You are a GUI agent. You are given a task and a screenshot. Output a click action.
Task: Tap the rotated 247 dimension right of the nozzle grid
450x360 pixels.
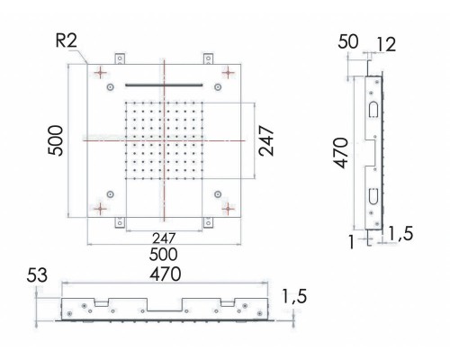(267, 142)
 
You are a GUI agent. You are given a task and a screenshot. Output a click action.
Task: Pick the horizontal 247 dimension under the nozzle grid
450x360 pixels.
(162, 238)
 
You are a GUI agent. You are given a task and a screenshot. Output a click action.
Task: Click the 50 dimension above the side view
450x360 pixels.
(348, 41)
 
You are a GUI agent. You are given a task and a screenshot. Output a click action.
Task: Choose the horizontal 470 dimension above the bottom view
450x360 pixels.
(165, 273)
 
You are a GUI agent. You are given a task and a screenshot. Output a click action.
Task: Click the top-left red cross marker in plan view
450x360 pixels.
(103, 71)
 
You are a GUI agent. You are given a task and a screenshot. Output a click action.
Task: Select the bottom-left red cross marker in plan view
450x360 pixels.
(103, 209)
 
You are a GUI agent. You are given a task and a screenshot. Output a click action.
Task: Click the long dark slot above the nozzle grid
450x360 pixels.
(165, 83)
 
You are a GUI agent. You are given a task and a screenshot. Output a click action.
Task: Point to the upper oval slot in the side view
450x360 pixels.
(370, 109)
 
